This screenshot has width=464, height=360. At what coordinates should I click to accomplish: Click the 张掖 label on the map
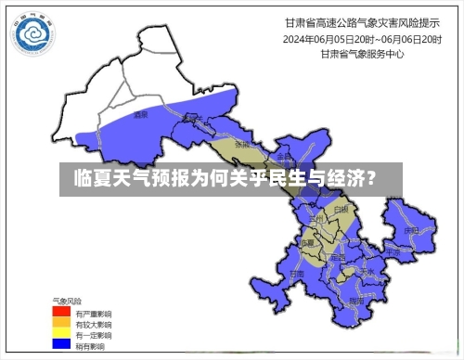[242, 146]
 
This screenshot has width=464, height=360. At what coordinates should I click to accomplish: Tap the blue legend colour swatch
[60, 343]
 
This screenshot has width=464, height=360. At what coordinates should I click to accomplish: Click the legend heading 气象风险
[68, 302]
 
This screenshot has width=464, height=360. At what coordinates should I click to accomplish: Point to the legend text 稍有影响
[91, 343]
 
